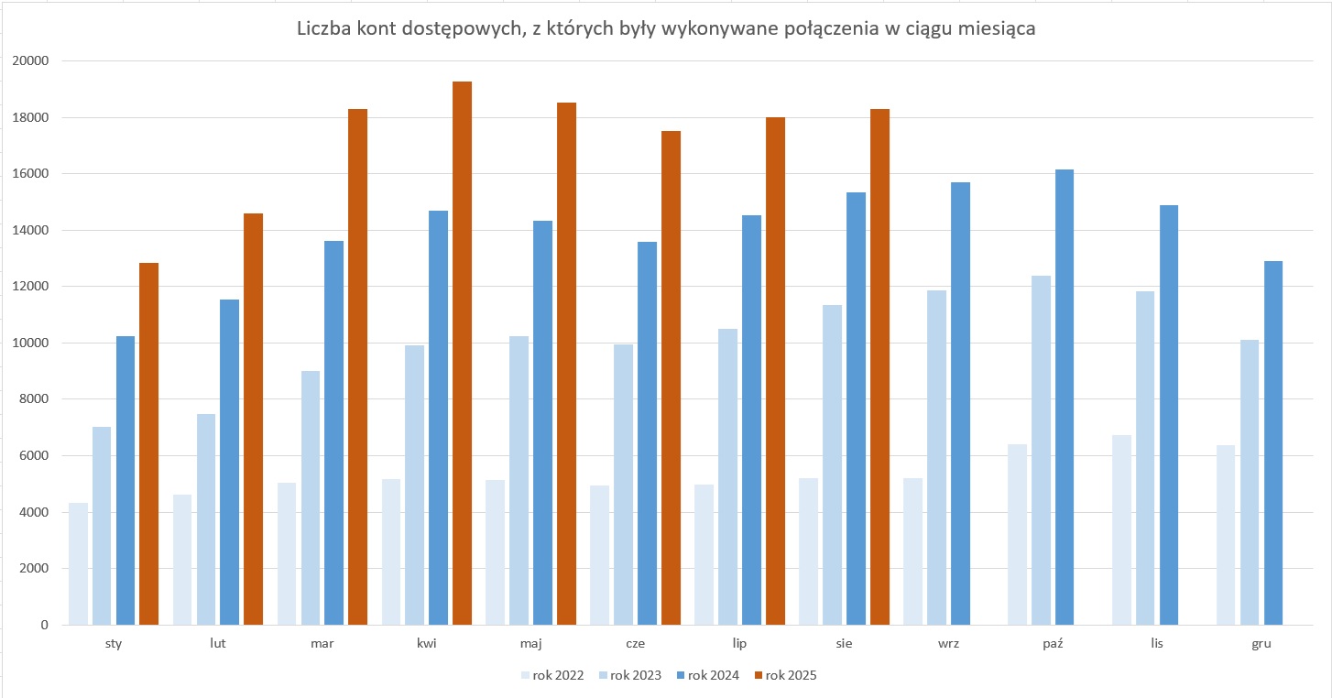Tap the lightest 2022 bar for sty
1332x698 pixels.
point(78,563)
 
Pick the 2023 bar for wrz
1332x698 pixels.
point(936,457)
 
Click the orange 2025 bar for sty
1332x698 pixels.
point(148,443)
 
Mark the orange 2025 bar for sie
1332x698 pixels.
point(879,366)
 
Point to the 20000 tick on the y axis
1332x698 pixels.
point(31,61)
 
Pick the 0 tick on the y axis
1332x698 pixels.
point(43,625)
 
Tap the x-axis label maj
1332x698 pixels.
point(530,643)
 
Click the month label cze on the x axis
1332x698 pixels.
point(635,643)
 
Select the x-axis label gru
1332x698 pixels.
point(1261,643)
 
